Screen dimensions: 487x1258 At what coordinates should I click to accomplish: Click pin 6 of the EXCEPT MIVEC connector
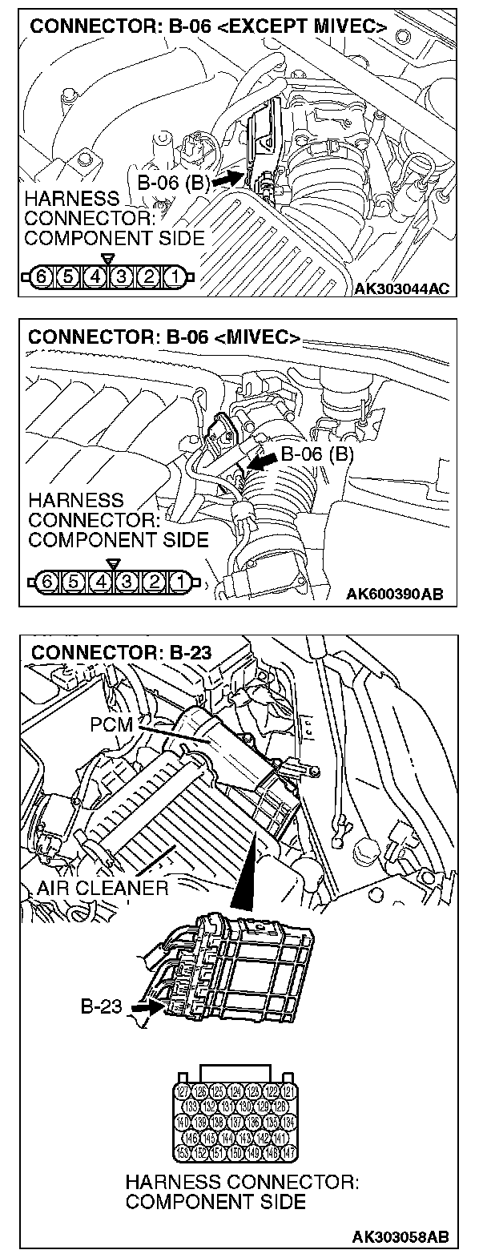pos(42,279)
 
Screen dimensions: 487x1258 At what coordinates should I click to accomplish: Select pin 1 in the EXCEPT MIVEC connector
pos(173,279)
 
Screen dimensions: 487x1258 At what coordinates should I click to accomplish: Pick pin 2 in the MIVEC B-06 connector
pos(155,579)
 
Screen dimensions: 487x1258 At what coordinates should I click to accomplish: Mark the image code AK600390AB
pos(395,594)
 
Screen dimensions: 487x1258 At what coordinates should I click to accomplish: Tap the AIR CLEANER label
pos(103,888)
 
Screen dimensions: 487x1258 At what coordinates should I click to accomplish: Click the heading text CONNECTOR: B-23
pos(121,652)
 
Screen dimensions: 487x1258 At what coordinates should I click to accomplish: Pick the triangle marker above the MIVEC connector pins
pos(113,563)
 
